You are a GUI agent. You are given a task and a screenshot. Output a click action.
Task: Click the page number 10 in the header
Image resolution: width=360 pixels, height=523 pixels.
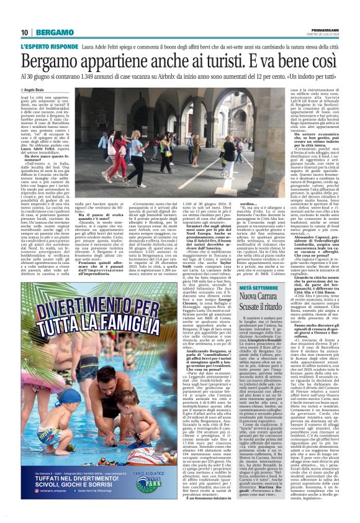coord(25,32)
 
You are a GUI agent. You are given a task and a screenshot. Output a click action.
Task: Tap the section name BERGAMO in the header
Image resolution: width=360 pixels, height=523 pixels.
coord(54,32)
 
